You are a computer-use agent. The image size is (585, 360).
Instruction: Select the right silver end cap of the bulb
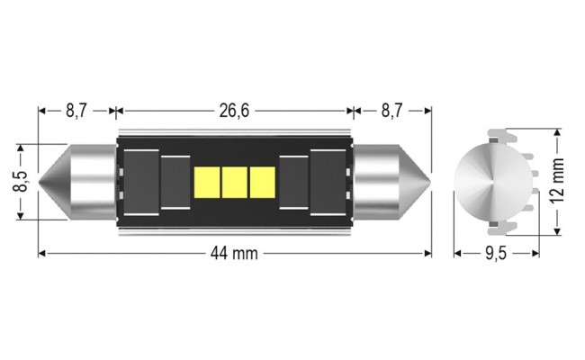pyautogui.click(x=382, y=181)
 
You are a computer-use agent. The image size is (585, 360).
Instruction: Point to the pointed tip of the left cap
pyautogui.click(x=41, y=181)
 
